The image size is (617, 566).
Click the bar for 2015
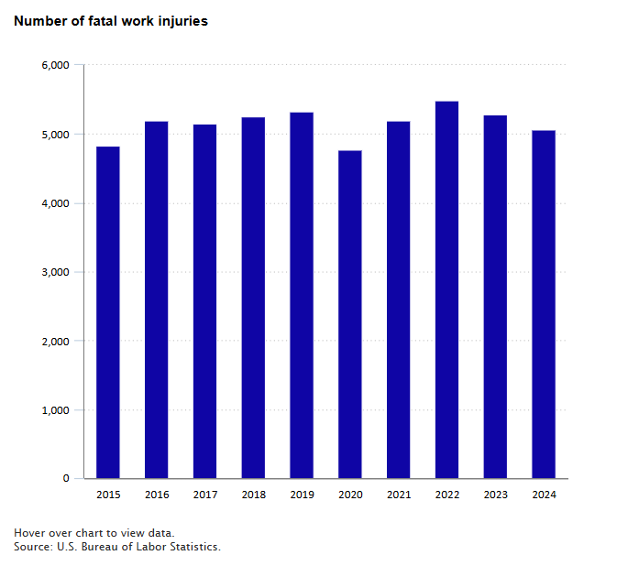coord(107,311)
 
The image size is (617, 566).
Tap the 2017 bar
coord(204,301)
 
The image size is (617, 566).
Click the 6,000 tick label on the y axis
coord(55,65)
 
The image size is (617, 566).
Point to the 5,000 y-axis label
coord(55,135)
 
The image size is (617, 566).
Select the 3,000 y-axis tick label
coord(55,272)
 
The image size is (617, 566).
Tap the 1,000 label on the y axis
coord(55,409)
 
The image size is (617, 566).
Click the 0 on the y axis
coord(66,478)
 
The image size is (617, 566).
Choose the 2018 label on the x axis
coord(253,495)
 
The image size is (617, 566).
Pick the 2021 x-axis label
coord(399,495)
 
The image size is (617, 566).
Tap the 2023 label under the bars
coord(495,495)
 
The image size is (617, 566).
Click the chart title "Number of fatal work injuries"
coord(110,21)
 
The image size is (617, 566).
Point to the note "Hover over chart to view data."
coord(94,533)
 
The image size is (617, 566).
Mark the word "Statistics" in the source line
coord(192,547)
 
